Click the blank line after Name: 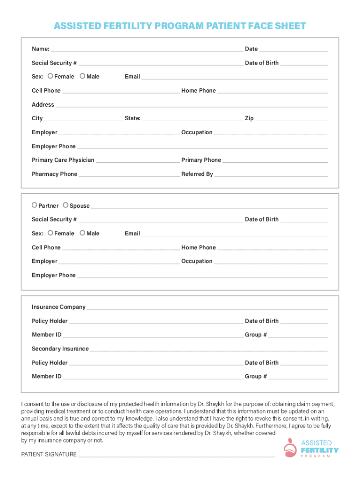(147, 50)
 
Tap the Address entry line (192, 105)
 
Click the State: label (132, 118)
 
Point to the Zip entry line (291, 119)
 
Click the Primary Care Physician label (63, 160)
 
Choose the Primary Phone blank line (275, 160)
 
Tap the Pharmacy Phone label (54, 174)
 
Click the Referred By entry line (271, 174)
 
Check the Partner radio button (35, 205)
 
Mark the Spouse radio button (65, 205)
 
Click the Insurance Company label (58, 307)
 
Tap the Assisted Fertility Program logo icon (290, 448)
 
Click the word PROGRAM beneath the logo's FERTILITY (319, 456)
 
